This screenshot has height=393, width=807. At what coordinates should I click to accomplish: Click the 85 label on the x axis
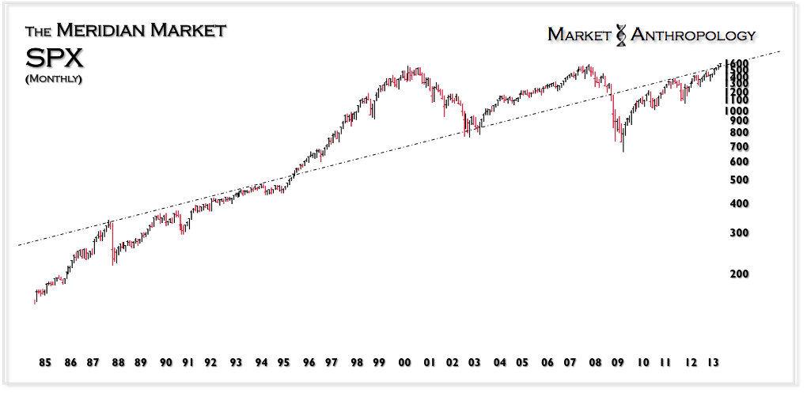[45, 363]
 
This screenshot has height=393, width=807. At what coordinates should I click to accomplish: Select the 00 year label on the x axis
[404, 363]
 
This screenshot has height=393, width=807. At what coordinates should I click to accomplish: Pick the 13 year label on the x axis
[713, 363]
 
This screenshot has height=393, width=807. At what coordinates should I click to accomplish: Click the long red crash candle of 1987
[112, 241]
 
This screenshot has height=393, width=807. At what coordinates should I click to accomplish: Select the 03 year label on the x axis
[475, 363]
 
